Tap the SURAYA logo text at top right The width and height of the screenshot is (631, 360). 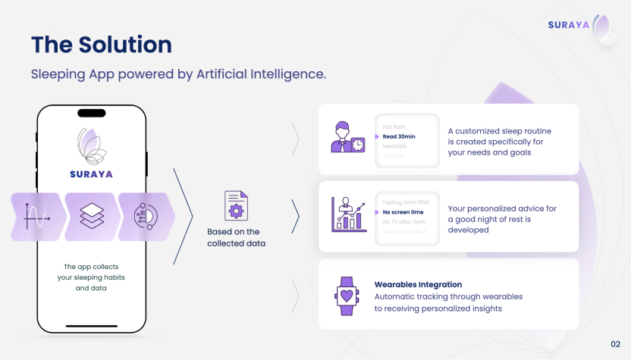tap(570, 25)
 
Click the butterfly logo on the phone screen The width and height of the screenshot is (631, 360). tap(92, 146)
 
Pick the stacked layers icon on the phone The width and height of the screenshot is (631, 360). tap(92, 217)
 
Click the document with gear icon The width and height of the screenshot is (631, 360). tap(236, 205)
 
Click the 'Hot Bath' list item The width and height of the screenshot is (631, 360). tap(394, 127)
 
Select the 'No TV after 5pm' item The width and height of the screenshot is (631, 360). tap(403, 221)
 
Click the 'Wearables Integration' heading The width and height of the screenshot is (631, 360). tap(418, 285)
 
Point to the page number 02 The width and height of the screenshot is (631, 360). tap(615, 344)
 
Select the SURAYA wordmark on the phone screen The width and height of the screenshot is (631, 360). tap(91, 174)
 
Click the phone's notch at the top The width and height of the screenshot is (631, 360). tap(92, 113)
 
